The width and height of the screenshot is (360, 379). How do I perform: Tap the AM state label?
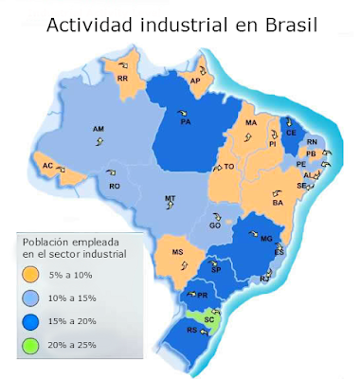(x=98, y=128)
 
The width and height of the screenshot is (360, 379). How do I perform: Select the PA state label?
(x=186, y=122)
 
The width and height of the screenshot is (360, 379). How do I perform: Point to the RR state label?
(x=122, y=80)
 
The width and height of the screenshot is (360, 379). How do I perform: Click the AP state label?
(x=195, y=81)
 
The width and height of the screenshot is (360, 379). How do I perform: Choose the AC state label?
(x=46, y=166)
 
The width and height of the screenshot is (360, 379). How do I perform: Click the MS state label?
(x=177, y=252)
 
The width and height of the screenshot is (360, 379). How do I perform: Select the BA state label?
(x=278, y=203)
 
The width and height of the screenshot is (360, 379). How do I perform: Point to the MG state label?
(x=266, y=238)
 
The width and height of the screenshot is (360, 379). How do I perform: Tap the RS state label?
(x=192, y=331)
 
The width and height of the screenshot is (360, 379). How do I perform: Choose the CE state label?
(x=290, y=134)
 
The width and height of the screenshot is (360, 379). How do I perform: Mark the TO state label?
(x=228, y=167)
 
